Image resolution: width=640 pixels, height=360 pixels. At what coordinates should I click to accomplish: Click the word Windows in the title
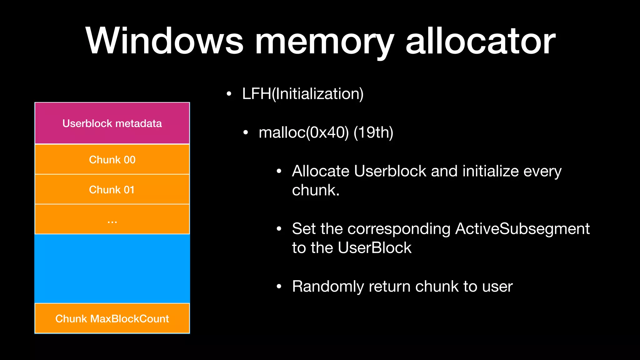tap(164, 41)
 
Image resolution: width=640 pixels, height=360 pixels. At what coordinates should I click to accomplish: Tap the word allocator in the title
tap(480, 41)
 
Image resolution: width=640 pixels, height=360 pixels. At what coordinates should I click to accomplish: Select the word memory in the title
tap(324, 44)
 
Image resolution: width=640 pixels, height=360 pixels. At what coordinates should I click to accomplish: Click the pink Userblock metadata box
tap(112, 123)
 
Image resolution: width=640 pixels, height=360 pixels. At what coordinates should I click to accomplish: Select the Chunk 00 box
tap(112, 159)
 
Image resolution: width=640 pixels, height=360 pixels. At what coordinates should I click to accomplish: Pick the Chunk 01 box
tap(112, 189)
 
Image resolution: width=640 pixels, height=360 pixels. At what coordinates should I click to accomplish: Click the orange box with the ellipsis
tap(112, 219)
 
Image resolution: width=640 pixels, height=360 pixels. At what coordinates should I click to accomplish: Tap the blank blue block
tap(112, 269)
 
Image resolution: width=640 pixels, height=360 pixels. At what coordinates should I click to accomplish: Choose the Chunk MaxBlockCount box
tap(112, 318)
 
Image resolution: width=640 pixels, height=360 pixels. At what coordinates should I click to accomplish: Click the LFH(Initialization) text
tap(302, 94)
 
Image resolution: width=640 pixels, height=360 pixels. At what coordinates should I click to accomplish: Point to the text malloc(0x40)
tap(303, 132)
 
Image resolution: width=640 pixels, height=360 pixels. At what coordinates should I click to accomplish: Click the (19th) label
tap(373, 132)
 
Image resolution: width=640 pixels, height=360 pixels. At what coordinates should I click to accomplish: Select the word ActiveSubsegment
tap(522, 229)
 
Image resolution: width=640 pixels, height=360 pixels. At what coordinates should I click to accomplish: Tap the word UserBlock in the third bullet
tap(374, 248)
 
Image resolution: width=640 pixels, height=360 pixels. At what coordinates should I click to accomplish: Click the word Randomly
tap(328, 287)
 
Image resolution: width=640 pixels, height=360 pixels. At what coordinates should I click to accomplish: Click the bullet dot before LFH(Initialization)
tap(229, 94)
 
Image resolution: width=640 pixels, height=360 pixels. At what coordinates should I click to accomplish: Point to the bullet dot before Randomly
tap(279, 286)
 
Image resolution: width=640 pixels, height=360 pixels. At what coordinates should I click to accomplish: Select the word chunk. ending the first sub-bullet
tap(315, 190)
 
